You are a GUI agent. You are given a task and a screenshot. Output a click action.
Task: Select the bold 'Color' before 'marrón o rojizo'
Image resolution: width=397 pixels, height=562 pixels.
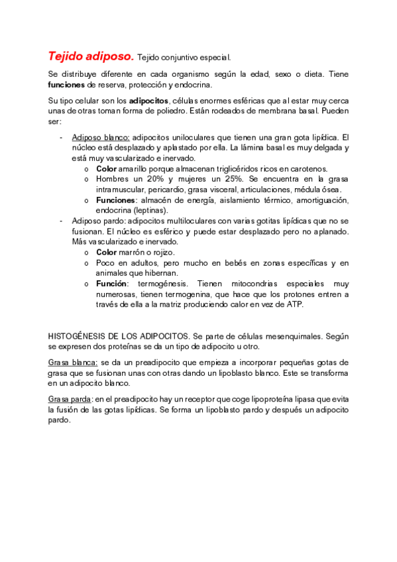click(x=107, y=253)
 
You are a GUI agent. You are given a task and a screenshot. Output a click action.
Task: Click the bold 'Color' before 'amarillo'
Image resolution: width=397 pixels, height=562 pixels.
click(x=107, y=169)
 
